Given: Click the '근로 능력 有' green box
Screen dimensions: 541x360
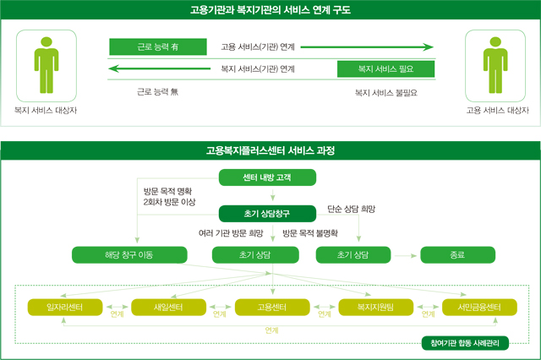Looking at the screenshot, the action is [x=158, y=46].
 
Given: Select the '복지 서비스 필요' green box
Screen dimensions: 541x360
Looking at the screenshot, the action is [x=385, y=69].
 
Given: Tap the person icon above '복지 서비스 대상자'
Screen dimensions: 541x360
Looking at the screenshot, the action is [x=46, y=65].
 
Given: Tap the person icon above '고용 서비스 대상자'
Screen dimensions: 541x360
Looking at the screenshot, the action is [x=495, y=65].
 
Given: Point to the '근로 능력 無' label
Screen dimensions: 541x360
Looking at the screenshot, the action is [x=158, y=92].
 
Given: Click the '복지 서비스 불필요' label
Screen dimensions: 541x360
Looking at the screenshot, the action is [x=386, y=93].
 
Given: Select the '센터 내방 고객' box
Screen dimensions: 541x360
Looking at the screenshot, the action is [x=267, y=177].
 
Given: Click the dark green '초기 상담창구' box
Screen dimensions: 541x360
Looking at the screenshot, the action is [x=267, y=214].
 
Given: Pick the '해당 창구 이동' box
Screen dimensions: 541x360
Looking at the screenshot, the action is [x=129, y=255].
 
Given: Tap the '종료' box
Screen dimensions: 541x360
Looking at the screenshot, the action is [x=458, y=255].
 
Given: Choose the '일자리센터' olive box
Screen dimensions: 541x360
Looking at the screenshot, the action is [x=65, y=308].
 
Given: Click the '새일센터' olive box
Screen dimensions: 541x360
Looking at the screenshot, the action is [x=169, y=308].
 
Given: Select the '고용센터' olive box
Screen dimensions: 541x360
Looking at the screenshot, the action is [x=272, y=308].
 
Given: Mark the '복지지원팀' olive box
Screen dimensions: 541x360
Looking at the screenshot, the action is [x=375, y=308].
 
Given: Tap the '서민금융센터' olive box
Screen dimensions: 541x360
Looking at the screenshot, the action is [x=479, y=308].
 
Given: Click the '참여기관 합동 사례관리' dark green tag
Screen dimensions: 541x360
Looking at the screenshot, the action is [x=465, y=343].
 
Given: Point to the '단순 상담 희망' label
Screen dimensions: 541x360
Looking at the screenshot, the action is [x=352, y=209].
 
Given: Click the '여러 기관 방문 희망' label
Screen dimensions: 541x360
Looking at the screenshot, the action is [x=231, y=233].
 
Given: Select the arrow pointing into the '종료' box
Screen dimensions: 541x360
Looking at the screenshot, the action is [x=406, y=256].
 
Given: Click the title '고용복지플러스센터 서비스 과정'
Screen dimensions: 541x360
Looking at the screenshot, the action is [x=270, y=150].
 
